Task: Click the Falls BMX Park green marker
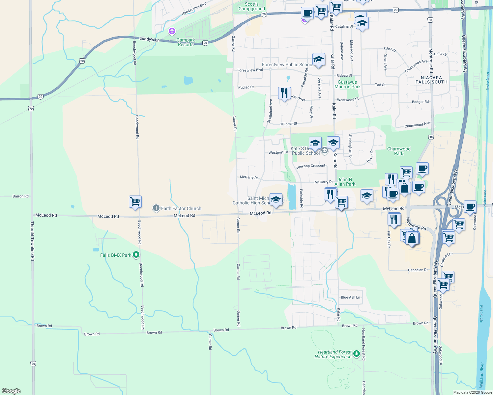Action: (136, 255)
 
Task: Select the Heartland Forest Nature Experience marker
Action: (356, 354)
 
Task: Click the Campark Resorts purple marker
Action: (172, 31)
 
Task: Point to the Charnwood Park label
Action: (399, 151)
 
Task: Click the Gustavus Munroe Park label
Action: (347, 85)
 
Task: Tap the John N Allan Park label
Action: (345, 182)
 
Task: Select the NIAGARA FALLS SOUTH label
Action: (431, 80)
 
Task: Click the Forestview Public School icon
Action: (318, 60)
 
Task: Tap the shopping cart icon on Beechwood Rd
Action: (135, 201)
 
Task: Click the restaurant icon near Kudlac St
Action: (284, 93)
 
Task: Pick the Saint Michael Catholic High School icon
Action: (276, 199)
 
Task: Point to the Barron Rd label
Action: (20, 196)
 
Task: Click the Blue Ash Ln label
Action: (350, 297)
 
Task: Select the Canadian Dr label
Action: (418, 270)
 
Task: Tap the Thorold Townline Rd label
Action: (32, 241)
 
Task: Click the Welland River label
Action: (481, 375)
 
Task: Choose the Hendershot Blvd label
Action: (194, 9)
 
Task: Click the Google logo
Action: (11, 391)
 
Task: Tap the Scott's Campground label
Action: (252, 7)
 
